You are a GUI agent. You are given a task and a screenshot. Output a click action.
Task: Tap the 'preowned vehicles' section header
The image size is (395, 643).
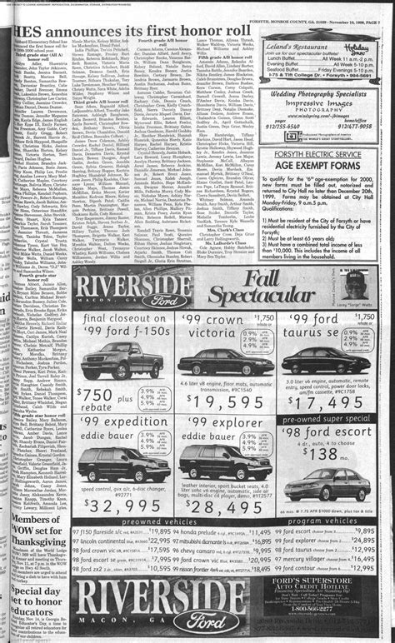(x=157, y=521)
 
